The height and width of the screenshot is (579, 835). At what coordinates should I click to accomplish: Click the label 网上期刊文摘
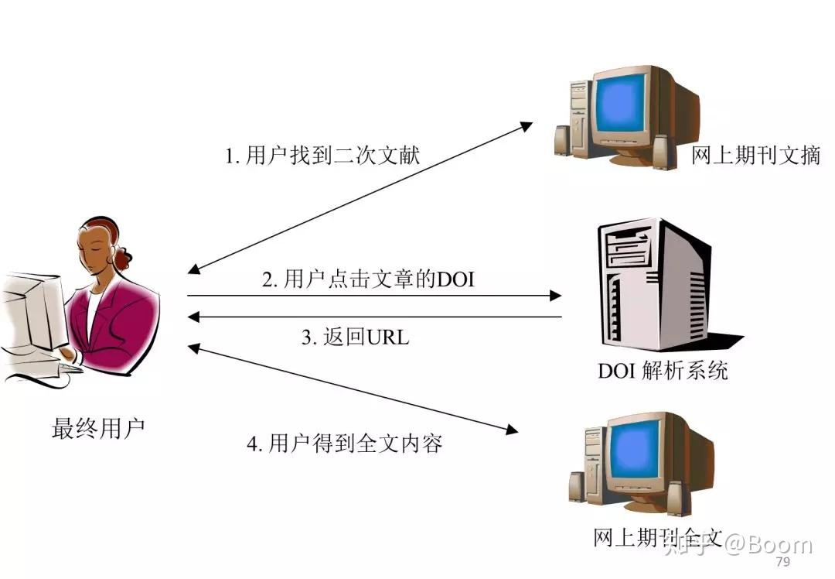[x=755, y=156]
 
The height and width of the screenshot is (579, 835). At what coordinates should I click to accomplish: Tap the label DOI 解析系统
[x=663, y=370]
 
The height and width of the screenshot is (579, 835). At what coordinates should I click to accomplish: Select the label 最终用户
[x=98, y=428]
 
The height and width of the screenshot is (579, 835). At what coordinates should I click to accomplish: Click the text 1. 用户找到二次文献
[x=322, y=156]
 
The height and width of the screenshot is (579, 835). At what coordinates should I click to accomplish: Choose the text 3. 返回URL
[x=355, y=337]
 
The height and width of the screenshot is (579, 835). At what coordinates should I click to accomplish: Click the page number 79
[x=782, y=562]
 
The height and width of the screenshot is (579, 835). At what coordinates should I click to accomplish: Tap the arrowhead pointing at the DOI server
[x=554, y=295]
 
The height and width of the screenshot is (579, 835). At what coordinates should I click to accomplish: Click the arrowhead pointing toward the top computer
[x=525, y=125]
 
